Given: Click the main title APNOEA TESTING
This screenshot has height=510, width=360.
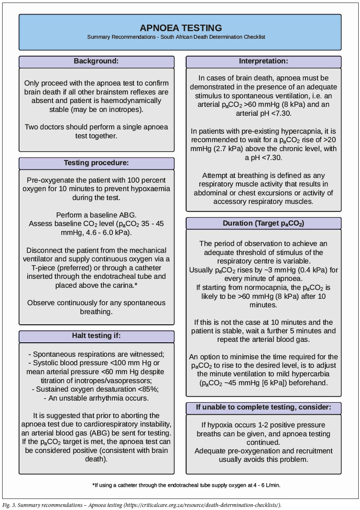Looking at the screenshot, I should [181, 28].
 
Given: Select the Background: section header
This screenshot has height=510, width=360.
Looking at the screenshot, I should [96, 61].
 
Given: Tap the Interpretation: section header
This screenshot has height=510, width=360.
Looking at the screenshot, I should [263, 61].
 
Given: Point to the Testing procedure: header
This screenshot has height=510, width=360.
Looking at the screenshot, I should [96, 163].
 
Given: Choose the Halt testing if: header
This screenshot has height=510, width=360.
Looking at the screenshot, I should [96, 336].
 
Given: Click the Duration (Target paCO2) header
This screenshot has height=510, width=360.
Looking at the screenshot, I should [263, 223].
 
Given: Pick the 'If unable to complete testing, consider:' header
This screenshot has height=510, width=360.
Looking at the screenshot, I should [263, 407].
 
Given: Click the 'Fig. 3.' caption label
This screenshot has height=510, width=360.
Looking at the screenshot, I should [10, 505].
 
